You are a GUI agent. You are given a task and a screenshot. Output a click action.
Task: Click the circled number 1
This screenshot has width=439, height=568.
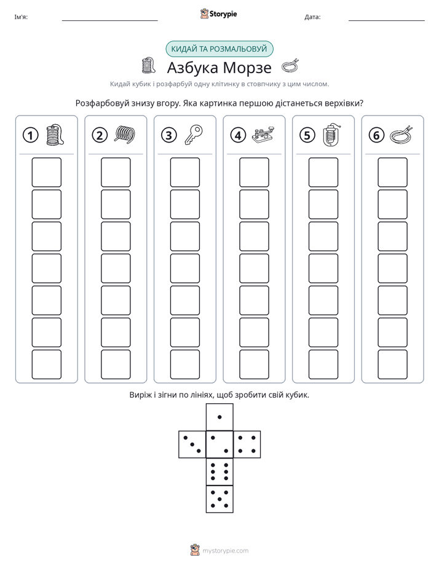coord(30,135)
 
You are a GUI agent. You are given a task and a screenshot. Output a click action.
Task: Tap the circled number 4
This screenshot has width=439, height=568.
coord(238,135)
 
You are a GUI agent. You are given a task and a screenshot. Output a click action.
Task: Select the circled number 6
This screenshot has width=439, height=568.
coord(376,135)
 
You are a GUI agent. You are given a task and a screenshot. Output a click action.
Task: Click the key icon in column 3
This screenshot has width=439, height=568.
coord(194,135)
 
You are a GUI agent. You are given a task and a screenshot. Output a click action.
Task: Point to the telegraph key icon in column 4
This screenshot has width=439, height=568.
coord(263,135)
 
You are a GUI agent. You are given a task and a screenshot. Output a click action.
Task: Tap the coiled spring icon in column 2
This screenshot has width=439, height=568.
coord(125,133)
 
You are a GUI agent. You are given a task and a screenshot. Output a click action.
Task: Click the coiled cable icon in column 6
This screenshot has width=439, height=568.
coord(401,135)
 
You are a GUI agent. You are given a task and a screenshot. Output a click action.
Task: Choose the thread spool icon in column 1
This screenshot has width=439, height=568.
coord(55,135)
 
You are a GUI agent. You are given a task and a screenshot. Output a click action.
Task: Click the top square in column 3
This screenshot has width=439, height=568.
coord(184,172)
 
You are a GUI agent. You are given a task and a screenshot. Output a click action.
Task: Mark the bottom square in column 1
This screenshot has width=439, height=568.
coord(46,365)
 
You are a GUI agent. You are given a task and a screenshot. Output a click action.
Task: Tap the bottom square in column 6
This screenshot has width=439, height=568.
coord(392,365)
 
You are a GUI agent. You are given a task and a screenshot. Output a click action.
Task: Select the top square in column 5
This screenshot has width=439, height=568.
coord(323,172)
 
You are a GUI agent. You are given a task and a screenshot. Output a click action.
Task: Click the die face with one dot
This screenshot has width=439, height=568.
coord(219,417)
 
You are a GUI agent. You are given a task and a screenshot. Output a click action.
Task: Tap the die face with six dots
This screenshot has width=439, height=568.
coord(219,471)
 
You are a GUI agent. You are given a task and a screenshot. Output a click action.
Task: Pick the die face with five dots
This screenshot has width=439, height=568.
coord(219,499)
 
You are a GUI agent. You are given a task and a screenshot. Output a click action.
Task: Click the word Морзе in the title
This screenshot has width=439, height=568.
coord(247,68)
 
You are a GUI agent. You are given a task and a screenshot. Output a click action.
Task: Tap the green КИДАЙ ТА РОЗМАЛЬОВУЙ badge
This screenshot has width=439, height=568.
coord(219,49)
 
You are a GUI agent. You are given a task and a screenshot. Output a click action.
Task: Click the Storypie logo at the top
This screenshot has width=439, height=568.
coord(219,14)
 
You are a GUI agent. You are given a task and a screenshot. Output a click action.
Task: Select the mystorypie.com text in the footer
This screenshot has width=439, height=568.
coord(225,551)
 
